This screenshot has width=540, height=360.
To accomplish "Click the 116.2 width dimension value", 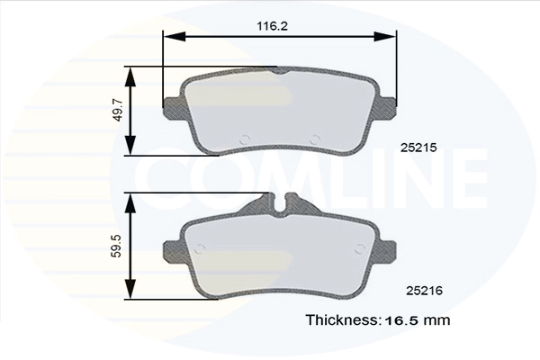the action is coord(272,26).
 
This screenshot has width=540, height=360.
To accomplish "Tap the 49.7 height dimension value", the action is coord(118,110).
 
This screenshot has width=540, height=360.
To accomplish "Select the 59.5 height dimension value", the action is coord(118,246).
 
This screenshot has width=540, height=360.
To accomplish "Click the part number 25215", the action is coord(418,148).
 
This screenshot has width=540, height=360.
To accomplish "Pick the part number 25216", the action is coord(424,291).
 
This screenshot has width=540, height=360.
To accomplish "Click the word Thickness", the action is coord(342,320).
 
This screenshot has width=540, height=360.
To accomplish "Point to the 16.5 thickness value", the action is coord(402,320).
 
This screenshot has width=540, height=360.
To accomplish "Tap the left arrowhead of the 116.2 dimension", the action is coord(175,36).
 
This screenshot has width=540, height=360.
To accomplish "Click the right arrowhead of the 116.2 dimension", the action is coord(385,36).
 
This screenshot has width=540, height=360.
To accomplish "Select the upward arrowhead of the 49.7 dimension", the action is coord(130,76).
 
